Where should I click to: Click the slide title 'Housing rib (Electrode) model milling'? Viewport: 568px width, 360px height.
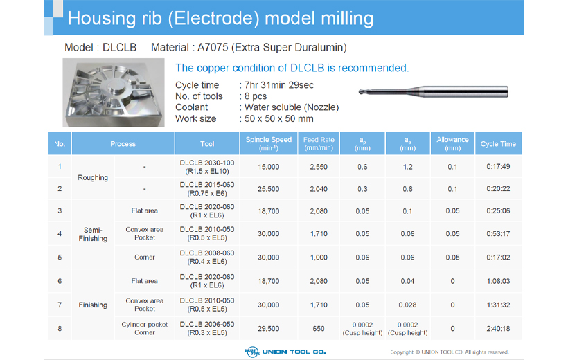pyautogui.click(x=220, y=18)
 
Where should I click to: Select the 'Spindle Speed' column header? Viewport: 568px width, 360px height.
pyautogui.click(x=269, y=143)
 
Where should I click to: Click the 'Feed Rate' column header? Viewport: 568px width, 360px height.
pyautogui.click(x=319, y=143)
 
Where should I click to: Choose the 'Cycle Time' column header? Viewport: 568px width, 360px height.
pyautogui.click(x=498, y=144)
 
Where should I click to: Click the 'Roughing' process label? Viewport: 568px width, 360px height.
pyautogui.click(x=93, y=178)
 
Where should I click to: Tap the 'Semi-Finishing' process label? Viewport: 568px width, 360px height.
pyautogui.click(x=93, y=234)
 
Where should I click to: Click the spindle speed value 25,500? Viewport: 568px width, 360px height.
pyautogui.click(x=268, y=188)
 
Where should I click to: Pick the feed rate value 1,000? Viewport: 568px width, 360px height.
pyautogui.click(x=319, y=258)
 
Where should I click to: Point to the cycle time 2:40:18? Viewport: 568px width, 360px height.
pyautogui.click(x=498, y=328)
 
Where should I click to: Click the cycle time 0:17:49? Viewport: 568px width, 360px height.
pyautogui.click(x=498, y=166)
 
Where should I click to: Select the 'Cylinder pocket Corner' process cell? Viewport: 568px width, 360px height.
pyautogui.click(x=145, y=328)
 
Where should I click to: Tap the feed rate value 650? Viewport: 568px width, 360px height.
pyautogui.click(x=319, y=328)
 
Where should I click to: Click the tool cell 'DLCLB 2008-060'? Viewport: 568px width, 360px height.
pyautogui.click(x=206, y=258)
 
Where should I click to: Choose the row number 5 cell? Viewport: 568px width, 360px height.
pyautogui.click(x=60, y=258)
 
